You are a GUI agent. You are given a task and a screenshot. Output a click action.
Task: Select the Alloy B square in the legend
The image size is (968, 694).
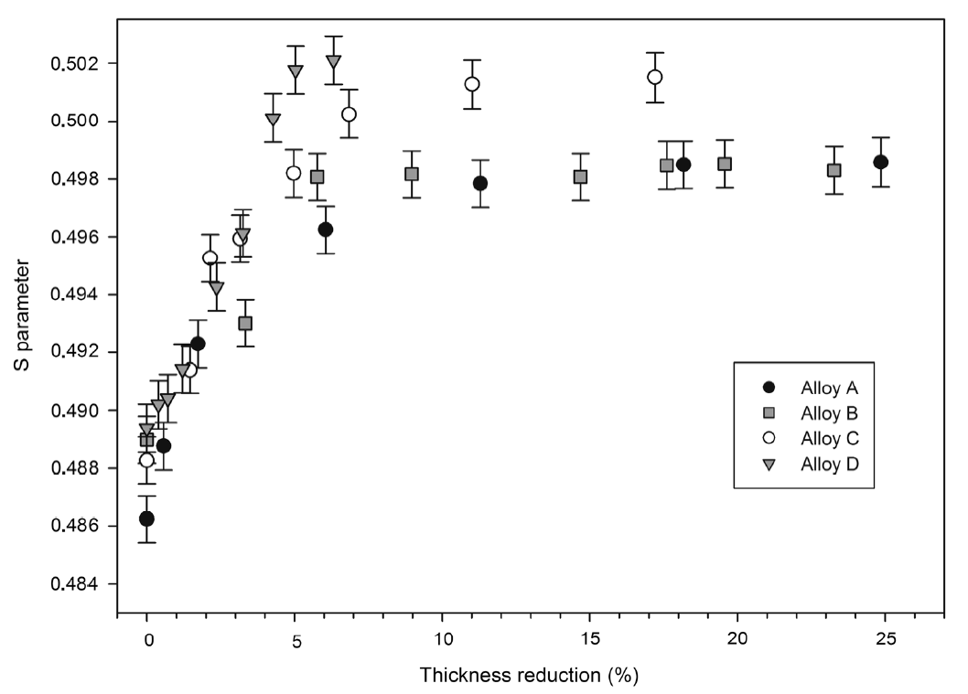pyautogui.click(x=769, y=412)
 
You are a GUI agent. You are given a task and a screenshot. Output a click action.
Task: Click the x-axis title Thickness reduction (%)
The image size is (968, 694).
pyautogui.click(x=529, y=676)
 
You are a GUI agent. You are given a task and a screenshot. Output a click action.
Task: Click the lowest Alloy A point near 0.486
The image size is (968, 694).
pyautogui.click(x=146, y=518)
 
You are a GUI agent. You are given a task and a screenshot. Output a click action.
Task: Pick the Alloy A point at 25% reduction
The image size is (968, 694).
pyautogui.click(x=880, y=162)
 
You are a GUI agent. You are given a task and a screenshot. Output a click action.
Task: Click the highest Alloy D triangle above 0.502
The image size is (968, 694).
pyautogui.click(x=333, y=62)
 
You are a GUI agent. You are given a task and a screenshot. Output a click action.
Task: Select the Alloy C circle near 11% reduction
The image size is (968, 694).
pyautogui.click(x=472, y=84)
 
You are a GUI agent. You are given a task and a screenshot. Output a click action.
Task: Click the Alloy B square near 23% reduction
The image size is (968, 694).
pyautogui.click(x=834, y=170)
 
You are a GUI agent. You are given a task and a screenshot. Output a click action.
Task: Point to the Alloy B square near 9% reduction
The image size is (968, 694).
pyautogui.click(x=412, y=174)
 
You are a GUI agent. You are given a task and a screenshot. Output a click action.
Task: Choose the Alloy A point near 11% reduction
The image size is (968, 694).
pyautogui.click(x=480, y=183)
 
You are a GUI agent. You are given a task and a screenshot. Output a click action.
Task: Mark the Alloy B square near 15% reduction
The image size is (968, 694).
pyautogui.click(x=580, y=176)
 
